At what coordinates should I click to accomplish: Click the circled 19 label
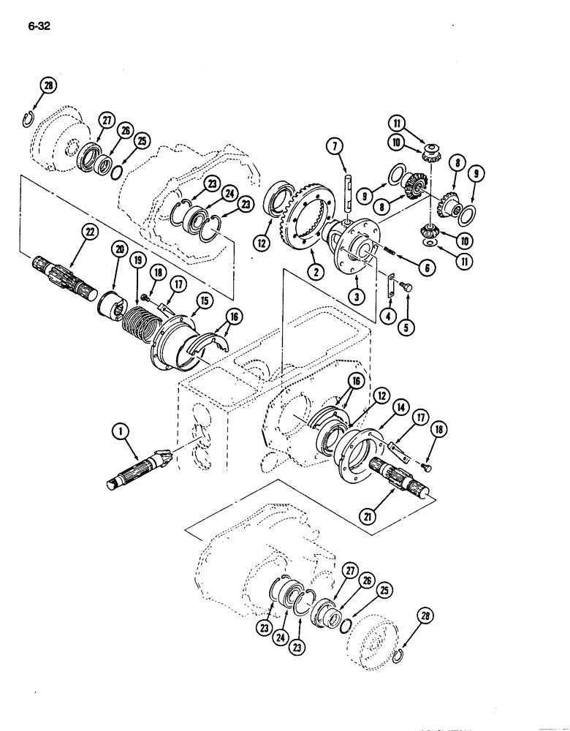tap(135, 261)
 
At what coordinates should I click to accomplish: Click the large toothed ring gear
tap(300, 219)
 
